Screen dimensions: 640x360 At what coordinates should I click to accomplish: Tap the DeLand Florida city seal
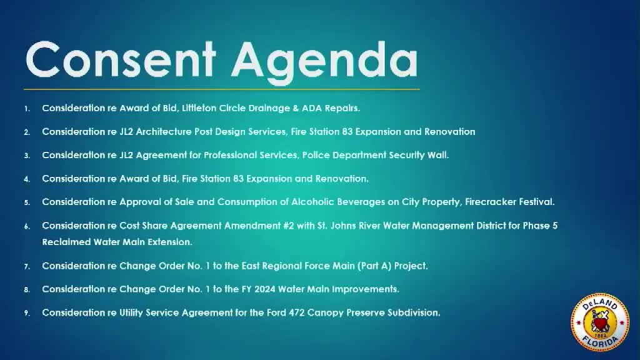[599, 322]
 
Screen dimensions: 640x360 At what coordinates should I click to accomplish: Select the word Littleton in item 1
[199, 108]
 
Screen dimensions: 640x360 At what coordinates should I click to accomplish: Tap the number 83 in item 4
[238, 179]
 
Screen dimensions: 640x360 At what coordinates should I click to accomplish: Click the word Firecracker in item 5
[486, 202]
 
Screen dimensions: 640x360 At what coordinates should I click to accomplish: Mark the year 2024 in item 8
[264, 289]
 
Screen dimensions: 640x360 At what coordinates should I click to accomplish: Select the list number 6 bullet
[27, 226]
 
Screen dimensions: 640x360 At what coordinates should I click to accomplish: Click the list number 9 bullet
[27, 314]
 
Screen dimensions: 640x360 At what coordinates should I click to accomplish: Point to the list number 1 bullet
[27, 109]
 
